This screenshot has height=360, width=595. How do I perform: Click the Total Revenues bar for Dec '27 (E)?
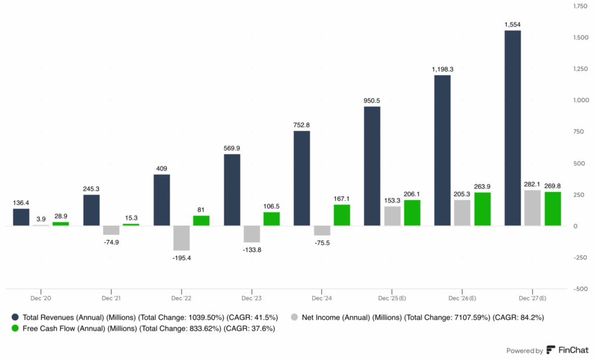(512, 128)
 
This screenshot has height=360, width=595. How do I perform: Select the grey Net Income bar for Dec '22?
(181, 237)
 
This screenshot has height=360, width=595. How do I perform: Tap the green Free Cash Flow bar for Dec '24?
(342, 215)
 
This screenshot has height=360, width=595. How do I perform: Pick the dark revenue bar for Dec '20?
(21, 217)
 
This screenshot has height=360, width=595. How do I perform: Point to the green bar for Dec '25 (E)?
(412, 213)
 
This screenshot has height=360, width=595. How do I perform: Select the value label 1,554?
(512, 24)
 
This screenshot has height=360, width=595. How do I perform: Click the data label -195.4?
(181, 257)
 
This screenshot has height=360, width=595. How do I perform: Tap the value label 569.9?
(232, 148)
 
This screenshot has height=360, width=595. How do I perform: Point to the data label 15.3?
(131, 217)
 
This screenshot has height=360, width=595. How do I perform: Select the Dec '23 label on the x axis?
(252, 298)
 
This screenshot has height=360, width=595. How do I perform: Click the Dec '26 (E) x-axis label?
(462, 298)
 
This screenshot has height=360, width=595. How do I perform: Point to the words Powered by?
(525, 350)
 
